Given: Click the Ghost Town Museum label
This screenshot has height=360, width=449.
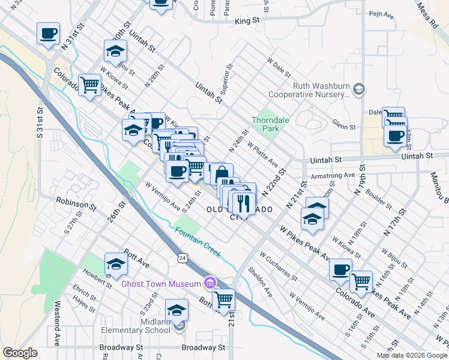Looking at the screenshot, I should pos(161,284).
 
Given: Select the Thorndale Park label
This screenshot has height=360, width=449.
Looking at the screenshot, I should pos(271,124).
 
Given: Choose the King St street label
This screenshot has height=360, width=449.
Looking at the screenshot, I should pos(247,20).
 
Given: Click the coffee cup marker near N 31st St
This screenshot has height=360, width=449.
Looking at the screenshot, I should pos(48,34).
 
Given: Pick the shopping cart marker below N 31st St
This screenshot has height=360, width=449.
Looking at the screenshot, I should pos(89,85).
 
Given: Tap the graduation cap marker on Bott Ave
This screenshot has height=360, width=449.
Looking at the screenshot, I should pos(116,264).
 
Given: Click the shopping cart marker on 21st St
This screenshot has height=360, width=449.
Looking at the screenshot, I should pos(223,299).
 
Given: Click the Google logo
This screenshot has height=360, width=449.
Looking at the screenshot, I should pos(20,353).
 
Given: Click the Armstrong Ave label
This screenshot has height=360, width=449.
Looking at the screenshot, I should pos(333,176).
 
